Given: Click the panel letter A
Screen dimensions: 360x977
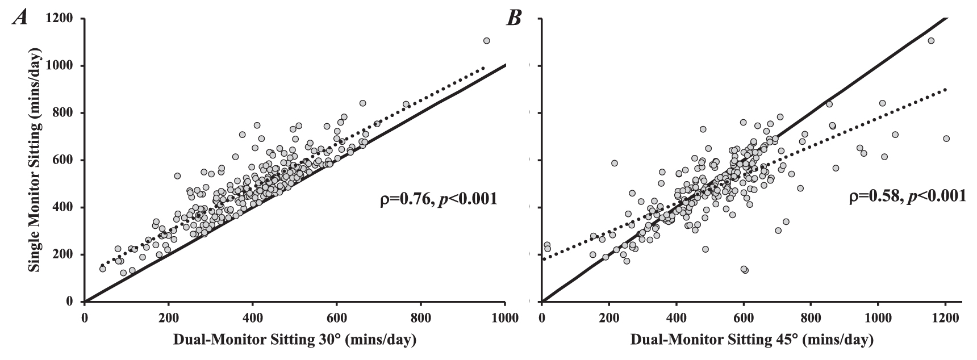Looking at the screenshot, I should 22,19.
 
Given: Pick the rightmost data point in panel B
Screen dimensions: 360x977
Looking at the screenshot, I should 946,139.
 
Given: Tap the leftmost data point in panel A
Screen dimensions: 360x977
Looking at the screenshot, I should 103,269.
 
